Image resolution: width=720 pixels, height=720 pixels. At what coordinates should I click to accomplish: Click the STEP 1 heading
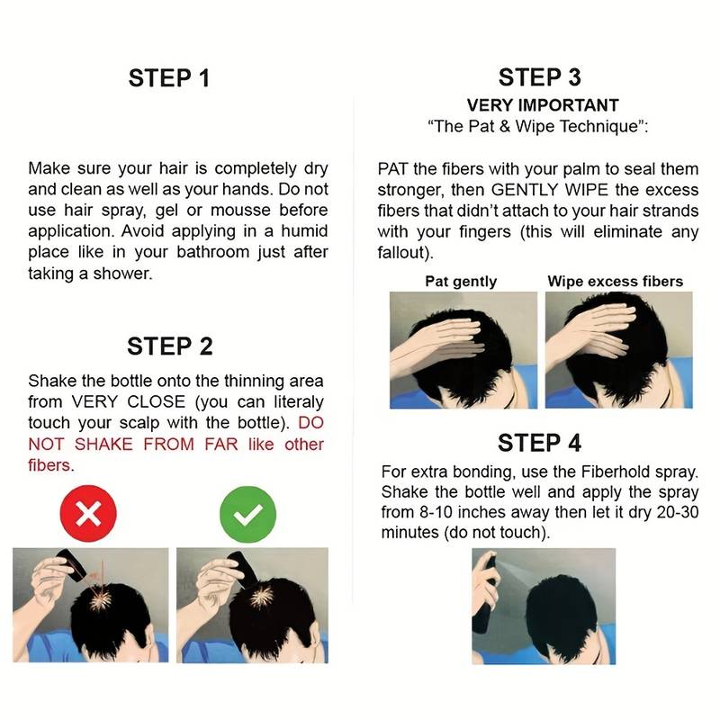pos(169,78)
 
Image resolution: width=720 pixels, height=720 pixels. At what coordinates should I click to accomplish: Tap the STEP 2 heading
pos(170,346)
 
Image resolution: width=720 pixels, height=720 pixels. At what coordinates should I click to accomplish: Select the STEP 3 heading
pos(539,77)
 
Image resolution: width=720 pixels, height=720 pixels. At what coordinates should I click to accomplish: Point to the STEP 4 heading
pos(539,443)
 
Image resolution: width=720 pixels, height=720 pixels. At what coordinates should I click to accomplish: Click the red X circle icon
pos(88,513)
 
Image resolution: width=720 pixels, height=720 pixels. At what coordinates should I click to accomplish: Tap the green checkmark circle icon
pos(248,514)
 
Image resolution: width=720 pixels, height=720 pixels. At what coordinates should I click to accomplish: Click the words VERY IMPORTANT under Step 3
pos(543,105)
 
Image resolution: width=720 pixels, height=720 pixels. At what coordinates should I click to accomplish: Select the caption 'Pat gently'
pos(461,281)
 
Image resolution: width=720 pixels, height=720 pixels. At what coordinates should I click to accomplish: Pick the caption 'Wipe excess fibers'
pos(616,281)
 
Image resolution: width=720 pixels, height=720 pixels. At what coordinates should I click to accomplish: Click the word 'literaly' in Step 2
pos(299,402)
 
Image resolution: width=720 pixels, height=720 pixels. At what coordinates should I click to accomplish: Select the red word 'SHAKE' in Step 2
pos(103,444)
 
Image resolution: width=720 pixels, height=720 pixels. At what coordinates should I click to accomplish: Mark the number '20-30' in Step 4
pos(678,512)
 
